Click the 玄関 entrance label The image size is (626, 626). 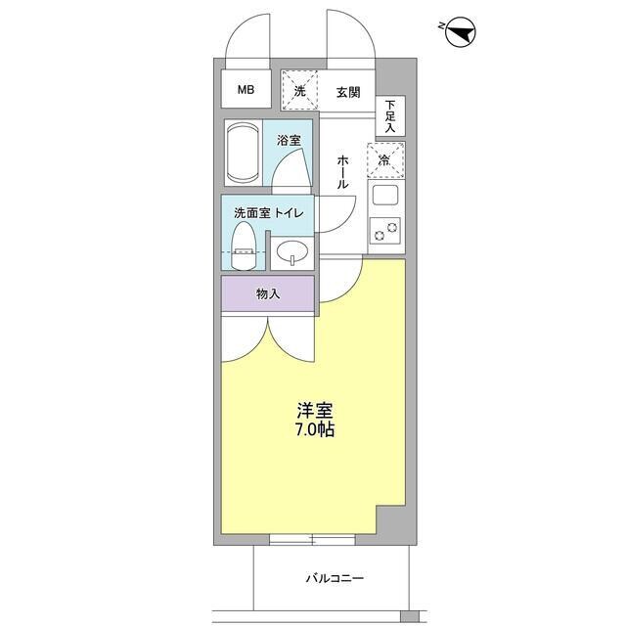point(348,93)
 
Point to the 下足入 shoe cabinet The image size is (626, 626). point(390,115)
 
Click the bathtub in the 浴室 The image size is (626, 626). point(243,153)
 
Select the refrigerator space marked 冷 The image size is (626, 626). point(385,160)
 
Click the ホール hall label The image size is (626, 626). point(344,171)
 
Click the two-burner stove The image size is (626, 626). point(385,230)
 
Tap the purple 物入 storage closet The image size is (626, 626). point(267,292)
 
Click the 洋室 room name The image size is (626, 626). point(313,411)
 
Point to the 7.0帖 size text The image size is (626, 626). point(313,429)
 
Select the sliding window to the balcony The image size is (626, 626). point(313,539)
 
